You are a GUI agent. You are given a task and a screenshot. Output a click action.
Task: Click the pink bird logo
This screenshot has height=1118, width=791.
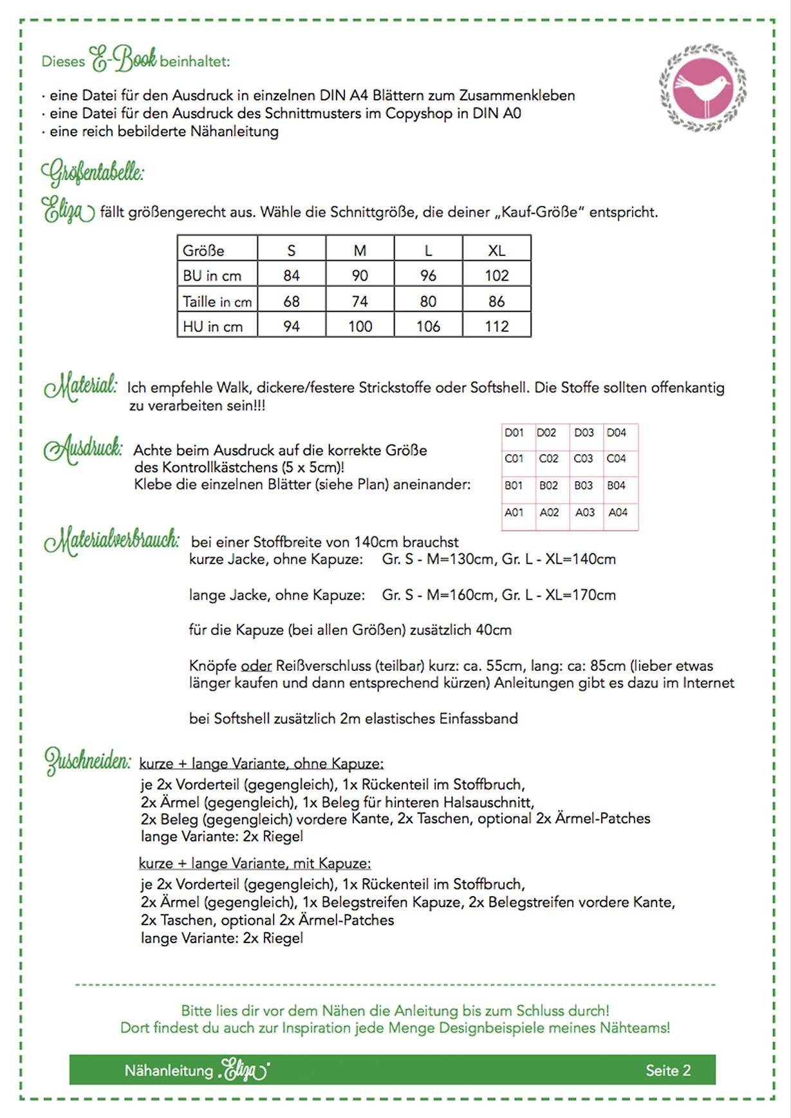coord(702,87)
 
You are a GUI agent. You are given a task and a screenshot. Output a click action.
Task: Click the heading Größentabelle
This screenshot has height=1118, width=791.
coord(93,173)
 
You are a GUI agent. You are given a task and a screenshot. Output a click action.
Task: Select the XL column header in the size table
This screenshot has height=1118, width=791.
coord(496,250)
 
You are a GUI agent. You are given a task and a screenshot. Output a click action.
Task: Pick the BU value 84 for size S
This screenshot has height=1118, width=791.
coord(292,276)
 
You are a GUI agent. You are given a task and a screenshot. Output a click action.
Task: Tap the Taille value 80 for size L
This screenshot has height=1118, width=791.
coord(428,301)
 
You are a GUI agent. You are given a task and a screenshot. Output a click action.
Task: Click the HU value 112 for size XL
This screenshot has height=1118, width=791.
coord(496,327)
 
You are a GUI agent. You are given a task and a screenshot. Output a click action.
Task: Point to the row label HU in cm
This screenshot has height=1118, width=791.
coord(213,327)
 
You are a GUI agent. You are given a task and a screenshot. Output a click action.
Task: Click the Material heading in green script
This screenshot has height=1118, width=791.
coord(80,386)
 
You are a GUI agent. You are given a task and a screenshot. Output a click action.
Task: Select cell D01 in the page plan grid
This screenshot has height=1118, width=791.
coord(514,433)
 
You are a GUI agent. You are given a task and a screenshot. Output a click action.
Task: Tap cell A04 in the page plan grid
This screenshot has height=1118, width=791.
coord(618,513)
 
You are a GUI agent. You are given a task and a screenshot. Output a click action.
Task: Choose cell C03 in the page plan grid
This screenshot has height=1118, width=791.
coord(583,459)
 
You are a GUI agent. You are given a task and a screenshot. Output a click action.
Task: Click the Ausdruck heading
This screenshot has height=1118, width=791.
coord(82,449)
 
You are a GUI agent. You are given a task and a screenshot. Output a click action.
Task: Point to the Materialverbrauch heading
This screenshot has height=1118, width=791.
coord(111,540)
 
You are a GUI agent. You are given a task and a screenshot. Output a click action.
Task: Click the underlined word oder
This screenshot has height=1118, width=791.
coord(256,666)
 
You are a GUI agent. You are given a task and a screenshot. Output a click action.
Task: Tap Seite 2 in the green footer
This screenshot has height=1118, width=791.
coord(668,1070)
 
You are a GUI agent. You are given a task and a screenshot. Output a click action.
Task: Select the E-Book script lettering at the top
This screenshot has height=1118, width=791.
coord(123,60)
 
